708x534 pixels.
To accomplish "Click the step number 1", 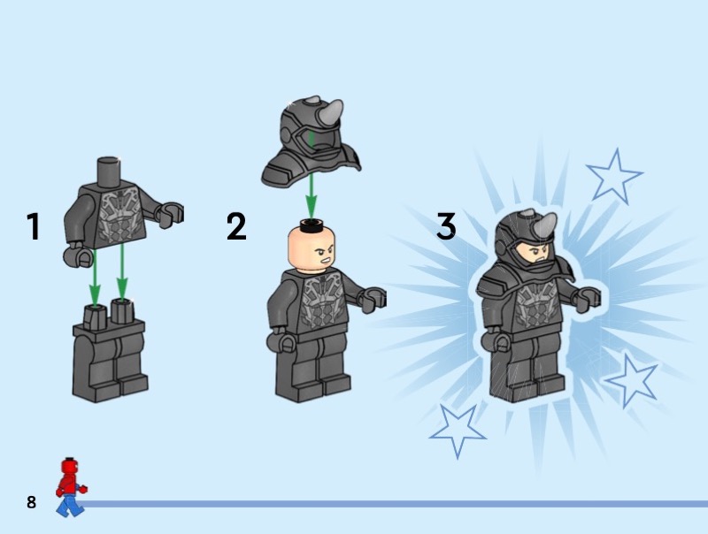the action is (33, 226).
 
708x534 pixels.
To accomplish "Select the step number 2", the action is (236, 226).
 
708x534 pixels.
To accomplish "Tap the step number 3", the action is (446, 226).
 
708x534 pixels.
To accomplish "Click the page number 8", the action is (31, 502).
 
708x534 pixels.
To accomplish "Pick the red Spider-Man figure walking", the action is (71, 487).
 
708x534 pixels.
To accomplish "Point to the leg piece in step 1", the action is (110, 351).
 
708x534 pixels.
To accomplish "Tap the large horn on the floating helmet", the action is (330, 113).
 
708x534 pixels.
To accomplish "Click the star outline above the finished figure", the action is (614, 176).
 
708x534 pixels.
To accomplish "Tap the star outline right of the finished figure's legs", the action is (632, 380).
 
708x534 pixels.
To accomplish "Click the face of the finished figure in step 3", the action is (535, 253).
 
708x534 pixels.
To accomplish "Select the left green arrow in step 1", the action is (95, 278).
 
